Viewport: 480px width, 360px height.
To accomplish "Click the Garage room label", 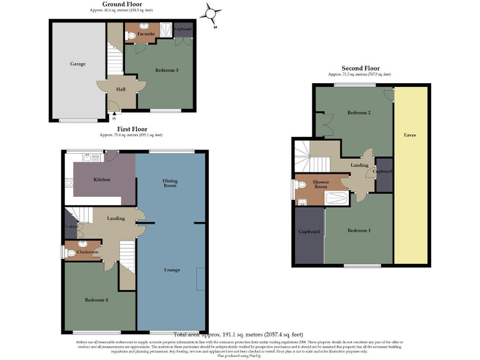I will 77,64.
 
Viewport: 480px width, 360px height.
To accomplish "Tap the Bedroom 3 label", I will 167,70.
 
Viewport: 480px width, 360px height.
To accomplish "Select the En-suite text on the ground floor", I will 146,34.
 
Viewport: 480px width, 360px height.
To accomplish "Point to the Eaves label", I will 410,135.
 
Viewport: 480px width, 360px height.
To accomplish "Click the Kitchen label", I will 102,179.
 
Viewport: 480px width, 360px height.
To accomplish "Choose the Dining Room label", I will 170,183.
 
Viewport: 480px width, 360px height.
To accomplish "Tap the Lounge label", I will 172,269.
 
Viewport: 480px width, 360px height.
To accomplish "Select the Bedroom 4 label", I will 96,300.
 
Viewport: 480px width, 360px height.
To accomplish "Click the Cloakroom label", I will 89,252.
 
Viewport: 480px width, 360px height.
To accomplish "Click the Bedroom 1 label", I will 359,231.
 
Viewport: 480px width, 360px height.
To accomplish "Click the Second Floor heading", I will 361,68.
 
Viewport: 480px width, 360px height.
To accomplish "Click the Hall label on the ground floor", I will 121,89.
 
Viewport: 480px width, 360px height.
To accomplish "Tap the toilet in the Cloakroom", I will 71,253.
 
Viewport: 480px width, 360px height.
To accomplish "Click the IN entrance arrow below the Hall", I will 114,115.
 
